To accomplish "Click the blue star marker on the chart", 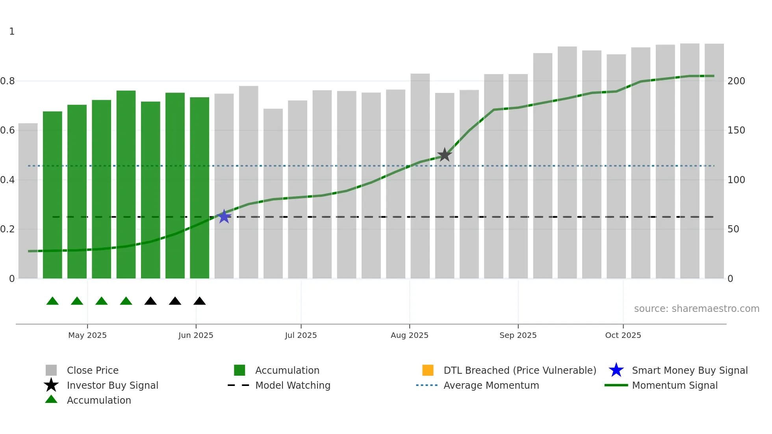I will tap(224, 216).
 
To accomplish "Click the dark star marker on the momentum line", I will tap(444, 155).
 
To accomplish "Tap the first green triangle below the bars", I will tap(52, 301).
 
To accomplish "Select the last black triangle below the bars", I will tap(200, 301).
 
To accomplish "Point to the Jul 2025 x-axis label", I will tap(301, 335).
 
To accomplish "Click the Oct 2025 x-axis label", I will tap(623, 335).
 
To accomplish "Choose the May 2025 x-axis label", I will tap(87, 335).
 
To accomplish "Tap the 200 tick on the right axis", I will tap(736, 81).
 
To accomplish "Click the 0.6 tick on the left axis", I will tap(8, 130).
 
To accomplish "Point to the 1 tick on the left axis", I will tap(12, 32).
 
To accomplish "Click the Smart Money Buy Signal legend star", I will tap(616, 370).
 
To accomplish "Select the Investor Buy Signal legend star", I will tap(51, 385).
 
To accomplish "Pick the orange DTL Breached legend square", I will tap(428, 370).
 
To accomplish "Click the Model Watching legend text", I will tap(293, 385).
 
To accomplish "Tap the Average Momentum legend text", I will tap(491, 385).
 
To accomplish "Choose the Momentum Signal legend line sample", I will tap(616, 385).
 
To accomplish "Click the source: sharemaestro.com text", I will tap(696, 309).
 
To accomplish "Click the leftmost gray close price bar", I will tap(28, 201).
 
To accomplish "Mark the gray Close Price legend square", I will tap(51, 370).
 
